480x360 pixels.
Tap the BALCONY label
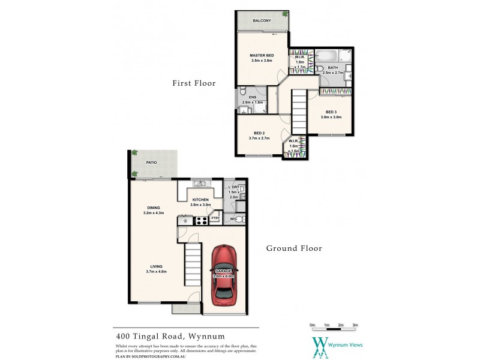(262, 21)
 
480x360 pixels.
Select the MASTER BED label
(262, 55)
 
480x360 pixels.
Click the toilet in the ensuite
(242, 92)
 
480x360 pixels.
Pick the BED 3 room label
(331, 112)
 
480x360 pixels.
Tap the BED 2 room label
(259, 133)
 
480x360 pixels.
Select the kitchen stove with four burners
(201, 221)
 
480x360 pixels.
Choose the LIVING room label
(157, 266)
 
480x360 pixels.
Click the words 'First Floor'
(193, 83)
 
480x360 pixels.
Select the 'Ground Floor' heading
(294, 248)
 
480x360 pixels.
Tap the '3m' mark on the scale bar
(355, 325)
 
